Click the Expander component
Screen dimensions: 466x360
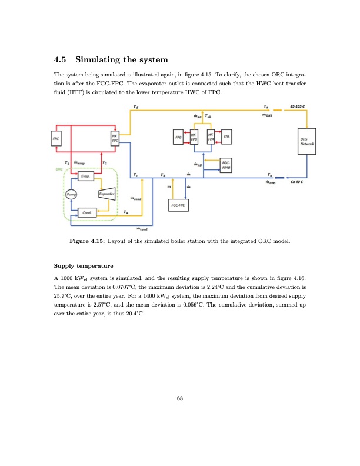coord(106,194)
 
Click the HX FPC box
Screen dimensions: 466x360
coord(115,139)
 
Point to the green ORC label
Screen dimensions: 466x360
coord(59,168)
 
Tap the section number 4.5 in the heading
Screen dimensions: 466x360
coord(61,61)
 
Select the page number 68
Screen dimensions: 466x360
coord(180,399)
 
